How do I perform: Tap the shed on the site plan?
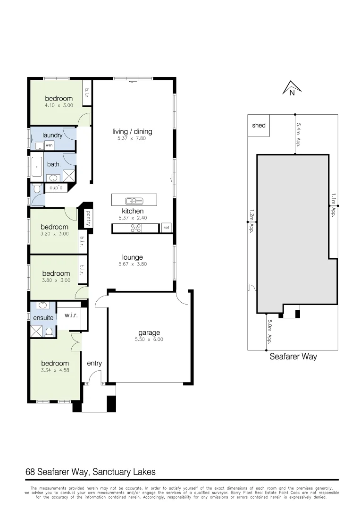[x=259, y=126]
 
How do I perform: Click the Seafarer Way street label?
[x=293, y=357]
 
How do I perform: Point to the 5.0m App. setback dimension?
[x=269, y=332]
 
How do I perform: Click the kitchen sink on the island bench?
[x=131, y=200]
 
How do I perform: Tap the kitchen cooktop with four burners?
[x=135, y=229]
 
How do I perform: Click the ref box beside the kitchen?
[x=166, y=228]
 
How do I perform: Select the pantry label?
[x=88, y=218]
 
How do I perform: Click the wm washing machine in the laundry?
[x=49, y=145]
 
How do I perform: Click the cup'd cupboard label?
[x=56, y=188]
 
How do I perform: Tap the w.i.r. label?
[x=71, y=315]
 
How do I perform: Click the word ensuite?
[x=43, y=318]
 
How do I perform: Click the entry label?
[x=94, y=363]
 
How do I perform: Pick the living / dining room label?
[x=132, y=132]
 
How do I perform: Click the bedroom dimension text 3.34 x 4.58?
[x=55, y=370]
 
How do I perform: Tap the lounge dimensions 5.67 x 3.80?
[x=132, y=264]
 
